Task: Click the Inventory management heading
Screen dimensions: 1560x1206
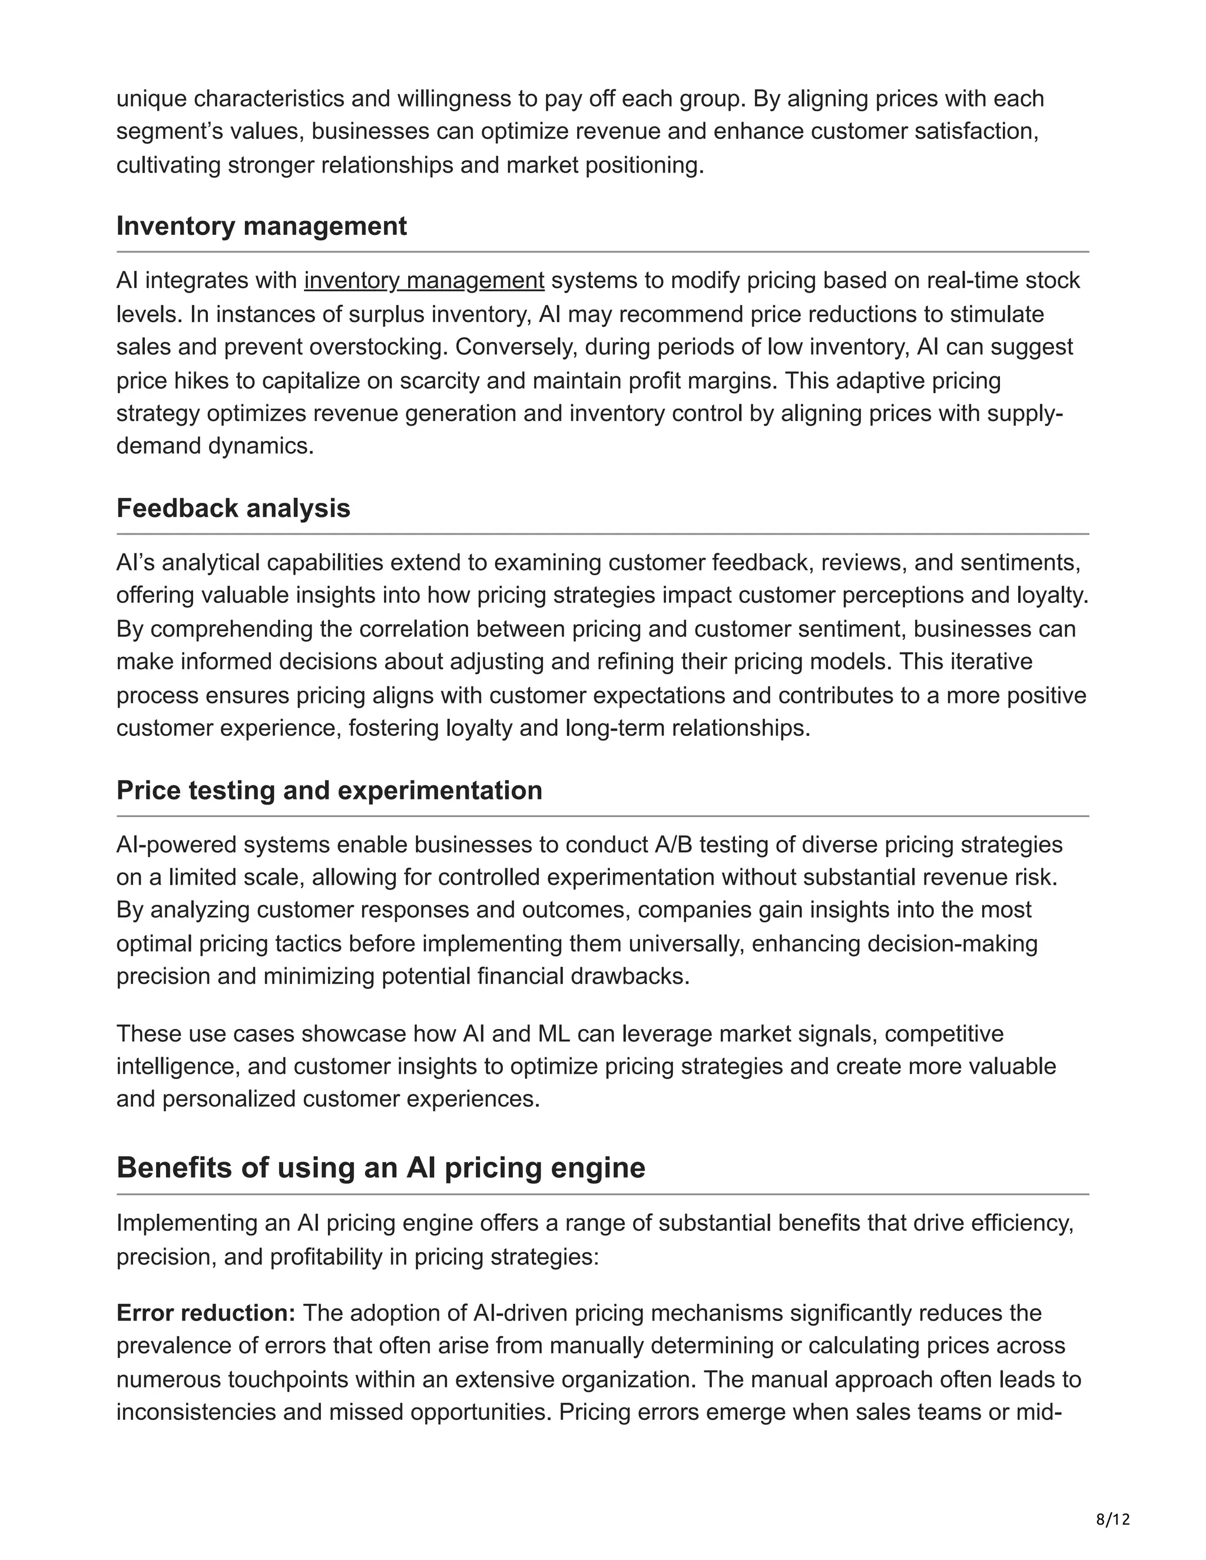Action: [x=261, y=225]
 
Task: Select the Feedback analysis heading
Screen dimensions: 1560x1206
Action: [x=233, y=508]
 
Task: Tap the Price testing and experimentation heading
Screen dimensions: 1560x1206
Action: [x=329, y=790]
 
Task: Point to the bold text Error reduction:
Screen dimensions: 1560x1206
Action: [x=206, y=1313]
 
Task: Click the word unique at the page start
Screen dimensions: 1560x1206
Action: [x=151, y=98]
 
